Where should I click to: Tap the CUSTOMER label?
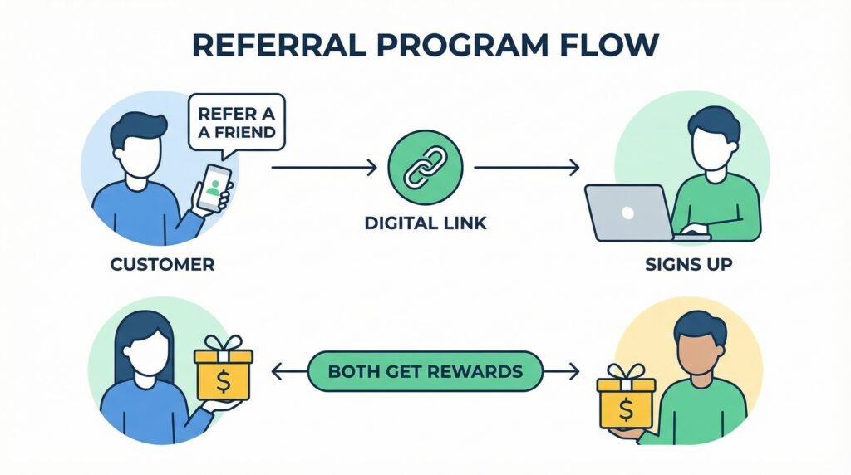163,265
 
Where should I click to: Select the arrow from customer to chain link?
324,169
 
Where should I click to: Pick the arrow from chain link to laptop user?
526,169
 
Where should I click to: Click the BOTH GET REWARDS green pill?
425,370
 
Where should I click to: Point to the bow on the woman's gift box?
223,342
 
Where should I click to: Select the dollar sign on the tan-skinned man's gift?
625,409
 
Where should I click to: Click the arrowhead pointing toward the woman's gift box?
277,370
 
